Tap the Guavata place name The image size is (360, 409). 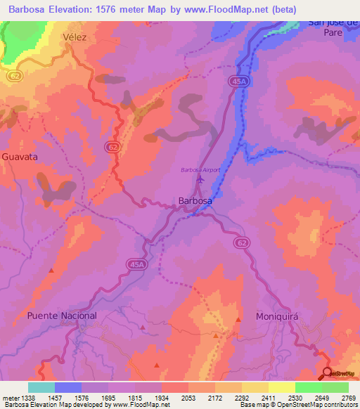pos(19,157)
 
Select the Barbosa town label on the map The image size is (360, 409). pos(195,200)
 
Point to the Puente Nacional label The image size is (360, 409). pos(62,316)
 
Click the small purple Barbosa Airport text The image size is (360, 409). pos(201,169)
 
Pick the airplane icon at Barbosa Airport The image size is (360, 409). pos(200,179)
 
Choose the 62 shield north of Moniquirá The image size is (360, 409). pos(241,242)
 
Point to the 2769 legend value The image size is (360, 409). pos(348,398)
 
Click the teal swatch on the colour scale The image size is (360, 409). pos(41,387)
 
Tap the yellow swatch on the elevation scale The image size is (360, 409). pos(281,387)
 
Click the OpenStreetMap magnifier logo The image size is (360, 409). pos(328,373)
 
